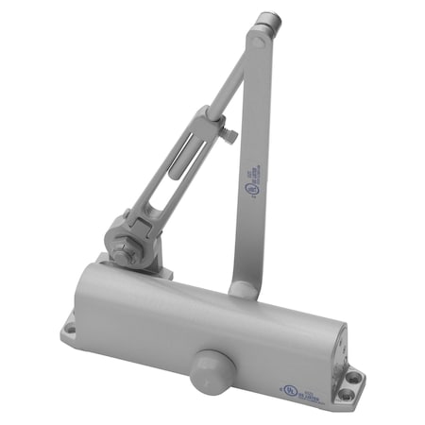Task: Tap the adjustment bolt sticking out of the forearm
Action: (x=229, y=134)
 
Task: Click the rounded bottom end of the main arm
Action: (x=244, y=288)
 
